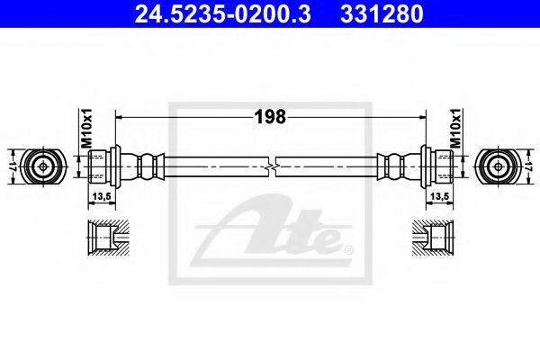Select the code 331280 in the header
(x=380, y=14)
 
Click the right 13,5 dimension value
(x=439, y=194)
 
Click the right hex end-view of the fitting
(x=497, y=166)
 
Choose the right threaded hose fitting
(x=439, y=166)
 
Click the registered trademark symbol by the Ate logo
(x=349, y=248)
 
